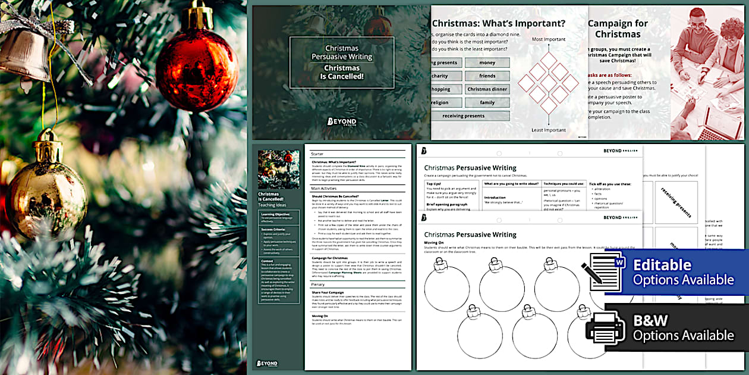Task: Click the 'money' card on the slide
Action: click(487, 62)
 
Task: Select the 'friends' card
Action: click(487, 76)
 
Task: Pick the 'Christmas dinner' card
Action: click(487, 89)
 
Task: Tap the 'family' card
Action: click(487, 102)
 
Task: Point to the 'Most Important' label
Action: click(548, 39)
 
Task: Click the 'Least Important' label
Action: click(548, 130)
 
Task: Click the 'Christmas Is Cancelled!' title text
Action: click(341, 72)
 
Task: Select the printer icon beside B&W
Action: click(605, 328)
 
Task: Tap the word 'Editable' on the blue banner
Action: click(662, 265)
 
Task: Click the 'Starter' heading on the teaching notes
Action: click(317, 154)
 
